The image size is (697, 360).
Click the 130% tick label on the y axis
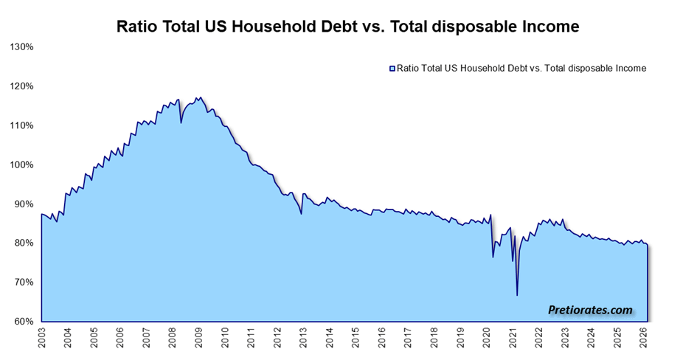pos(21,47)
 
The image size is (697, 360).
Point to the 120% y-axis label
pos(21,86)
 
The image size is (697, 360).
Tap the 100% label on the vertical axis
pos(21,165)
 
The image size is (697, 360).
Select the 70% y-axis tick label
pos(24,283)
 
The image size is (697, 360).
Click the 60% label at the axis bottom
pos(24,322)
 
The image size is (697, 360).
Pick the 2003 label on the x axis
pos(41,337)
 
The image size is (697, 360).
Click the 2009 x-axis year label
pos(198,337)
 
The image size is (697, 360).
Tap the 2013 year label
pos(304,337)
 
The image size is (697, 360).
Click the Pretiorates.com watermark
pos(590,310)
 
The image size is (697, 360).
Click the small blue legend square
pos(392,69)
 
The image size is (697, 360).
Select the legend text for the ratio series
pos(521,69)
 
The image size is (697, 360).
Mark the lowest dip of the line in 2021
pos(517,296)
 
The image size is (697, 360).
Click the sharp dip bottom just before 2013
pos(302,214)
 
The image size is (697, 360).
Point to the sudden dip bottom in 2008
pos(181,122)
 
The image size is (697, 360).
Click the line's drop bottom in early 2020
pos(493,257)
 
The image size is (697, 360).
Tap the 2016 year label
pos(382,337)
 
